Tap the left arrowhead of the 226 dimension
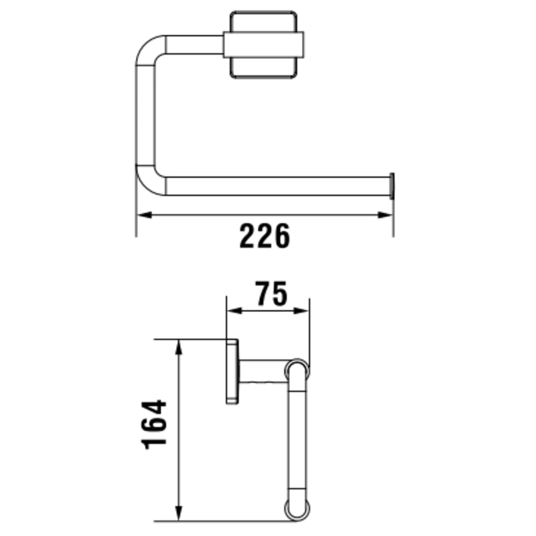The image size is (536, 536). pos(145,215)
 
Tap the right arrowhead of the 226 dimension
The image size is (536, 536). pos(385,215)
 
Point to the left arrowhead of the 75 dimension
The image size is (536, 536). pos(234,311)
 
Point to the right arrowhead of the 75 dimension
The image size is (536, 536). pos(301,311)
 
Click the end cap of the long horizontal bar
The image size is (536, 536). pos(392,186)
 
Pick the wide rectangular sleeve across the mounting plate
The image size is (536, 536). pos(264,45)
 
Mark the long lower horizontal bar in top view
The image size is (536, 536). pos(277,186)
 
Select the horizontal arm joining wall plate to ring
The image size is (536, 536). pos(262,371)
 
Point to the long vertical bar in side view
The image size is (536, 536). pos(297,438)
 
